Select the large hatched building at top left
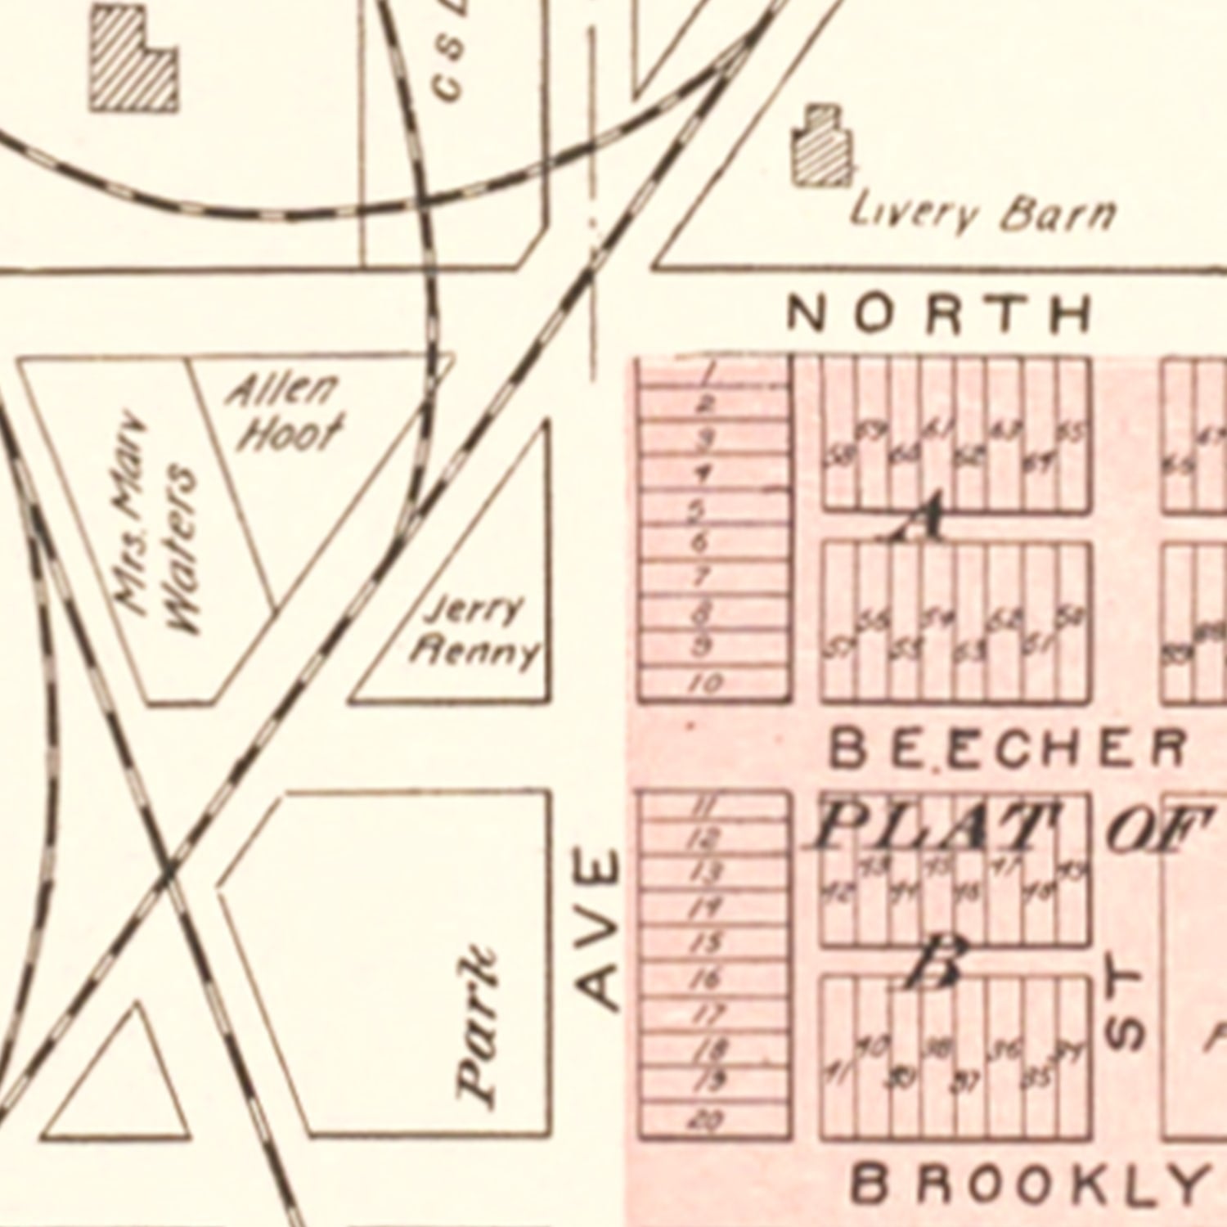point(133,61)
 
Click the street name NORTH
point(939,314)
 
